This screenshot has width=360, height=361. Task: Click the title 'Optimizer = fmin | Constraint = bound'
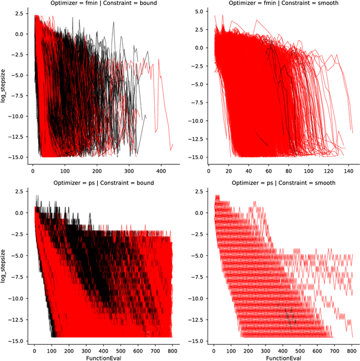pos(101,4)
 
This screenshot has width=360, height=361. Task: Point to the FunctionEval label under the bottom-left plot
pos(101,356)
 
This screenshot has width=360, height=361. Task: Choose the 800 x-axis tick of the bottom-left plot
pos(170,347)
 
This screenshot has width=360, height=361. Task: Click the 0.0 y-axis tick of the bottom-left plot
pos(20,213)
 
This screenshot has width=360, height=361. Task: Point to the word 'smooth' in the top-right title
pos(325,4)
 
